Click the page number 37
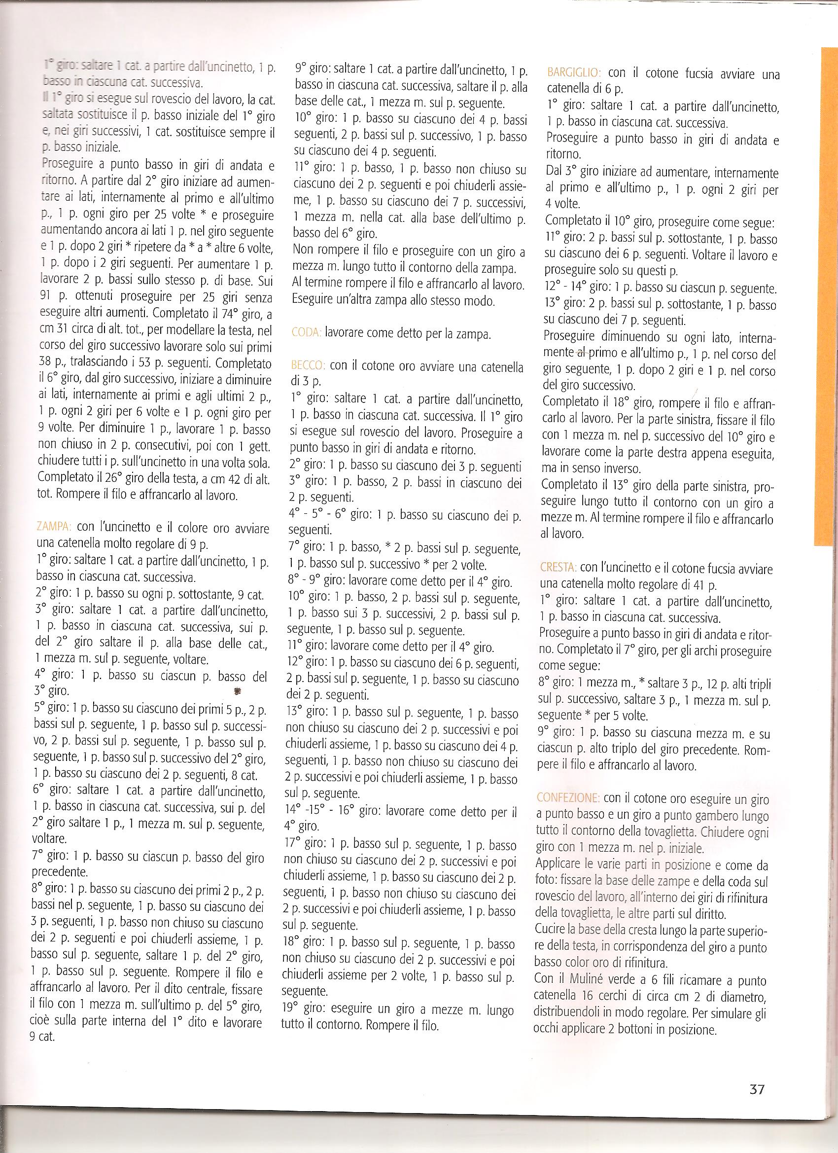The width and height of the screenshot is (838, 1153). tap(757, 1085)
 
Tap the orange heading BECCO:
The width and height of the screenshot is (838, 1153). tap(308, 365)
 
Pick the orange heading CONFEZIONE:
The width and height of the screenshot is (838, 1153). tap(568, 797)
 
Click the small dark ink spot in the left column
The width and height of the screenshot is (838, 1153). tap(237, 691)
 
